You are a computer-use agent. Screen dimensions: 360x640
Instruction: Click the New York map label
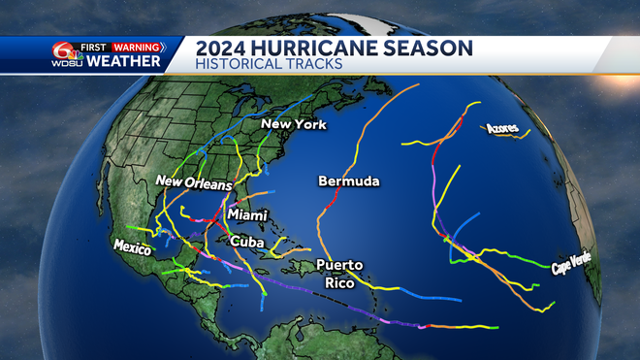[x=295, y=125]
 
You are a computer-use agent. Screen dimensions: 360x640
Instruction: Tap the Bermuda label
[x=348, y=181]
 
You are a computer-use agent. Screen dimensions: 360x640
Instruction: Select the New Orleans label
[x=195, y=183]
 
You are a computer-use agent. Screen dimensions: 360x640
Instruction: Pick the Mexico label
[x=133, y=247]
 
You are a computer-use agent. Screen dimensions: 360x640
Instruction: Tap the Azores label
[x=499, y=128]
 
